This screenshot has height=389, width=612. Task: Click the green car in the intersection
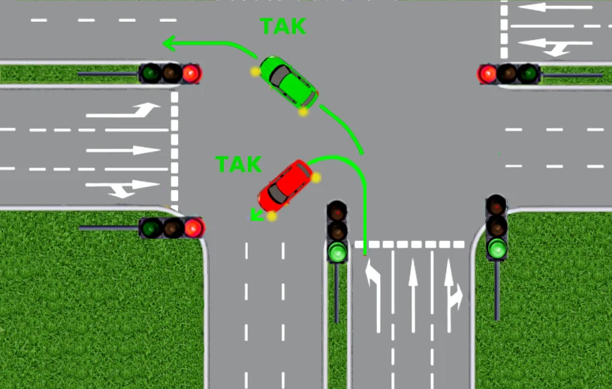click(288, 83)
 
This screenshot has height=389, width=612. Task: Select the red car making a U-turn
click(285, 185)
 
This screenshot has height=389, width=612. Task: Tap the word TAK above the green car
click(283, 26)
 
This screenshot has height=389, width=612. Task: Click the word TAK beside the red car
click(238, 164)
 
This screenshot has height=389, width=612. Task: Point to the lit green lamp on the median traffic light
click(337, 252)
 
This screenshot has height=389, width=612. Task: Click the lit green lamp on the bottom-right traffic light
click(497, 249)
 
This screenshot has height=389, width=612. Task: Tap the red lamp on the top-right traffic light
click(487, 74)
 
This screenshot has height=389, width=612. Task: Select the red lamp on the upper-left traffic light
click(191, 74)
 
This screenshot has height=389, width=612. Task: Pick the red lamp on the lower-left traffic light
click(193, 228)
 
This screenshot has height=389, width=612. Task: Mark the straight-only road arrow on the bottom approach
click(413, 295)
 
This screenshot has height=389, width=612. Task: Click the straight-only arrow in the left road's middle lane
click(123, 150)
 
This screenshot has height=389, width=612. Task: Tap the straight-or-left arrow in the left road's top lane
click(123, 110)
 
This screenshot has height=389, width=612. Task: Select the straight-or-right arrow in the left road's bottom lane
click(122, 188)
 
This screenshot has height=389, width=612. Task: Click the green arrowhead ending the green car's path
click(170, 43)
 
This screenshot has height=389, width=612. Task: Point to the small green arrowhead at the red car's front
click(256, 215)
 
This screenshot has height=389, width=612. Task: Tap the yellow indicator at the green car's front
click(255, 71)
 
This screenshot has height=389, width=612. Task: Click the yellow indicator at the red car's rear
click(315, 178)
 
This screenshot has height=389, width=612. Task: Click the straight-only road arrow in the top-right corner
click(555, 7)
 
